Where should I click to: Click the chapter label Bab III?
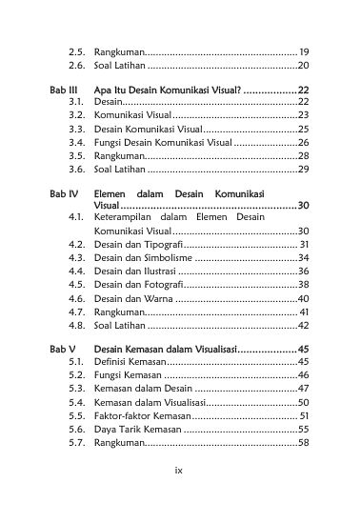62,88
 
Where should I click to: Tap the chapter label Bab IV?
62,192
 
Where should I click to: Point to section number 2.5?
79,51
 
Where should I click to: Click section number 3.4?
79,141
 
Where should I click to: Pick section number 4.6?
79,298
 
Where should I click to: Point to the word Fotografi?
159,284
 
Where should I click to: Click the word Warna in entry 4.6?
157,298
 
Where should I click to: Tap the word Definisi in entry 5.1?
113,362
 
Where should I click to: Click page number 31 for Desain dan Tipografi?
302,244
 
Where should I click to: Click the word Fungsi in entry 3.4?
109,141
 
